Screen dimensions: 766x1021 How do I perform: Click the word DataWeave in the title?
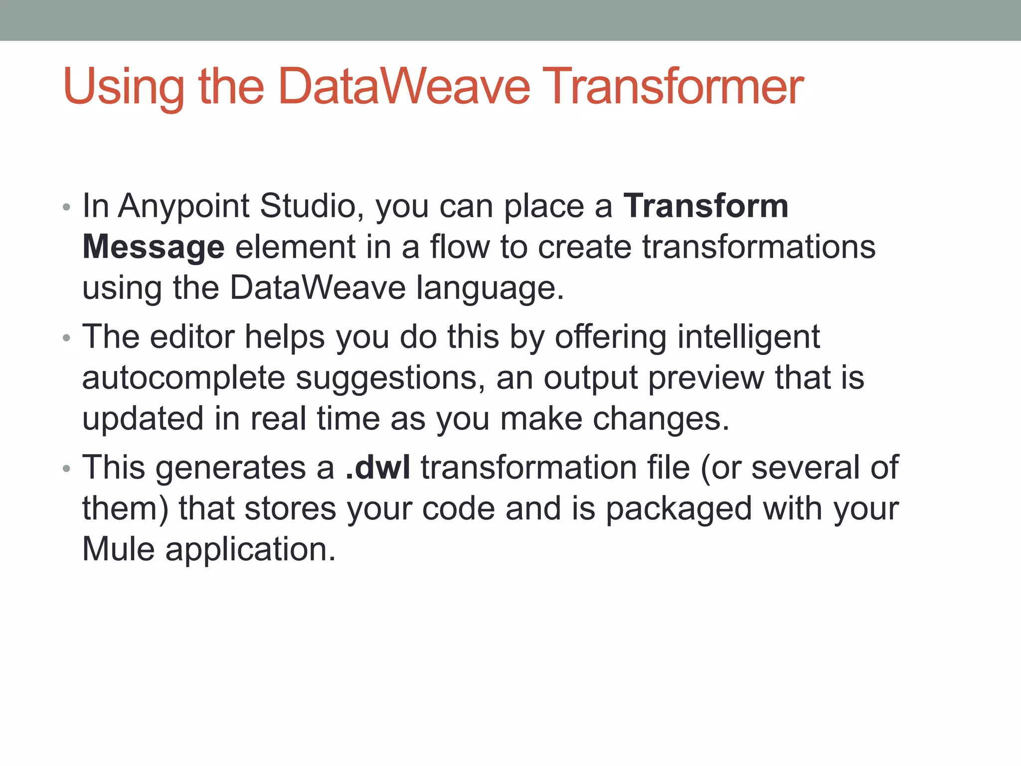403,88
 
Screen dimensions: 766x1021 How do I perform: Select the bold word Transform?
705,206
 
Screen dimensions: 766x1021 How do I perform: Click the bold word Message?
153,247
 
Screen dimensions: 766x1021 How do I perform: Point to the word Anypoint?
183,207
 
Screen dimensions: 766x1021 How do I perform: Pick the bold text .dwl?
378,468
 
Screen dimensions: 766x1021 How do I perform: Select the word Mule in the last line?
118,550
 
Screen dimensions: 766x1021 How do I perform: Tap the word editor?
192,337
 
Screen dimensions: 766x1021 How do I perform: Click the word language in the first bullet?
490,289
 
